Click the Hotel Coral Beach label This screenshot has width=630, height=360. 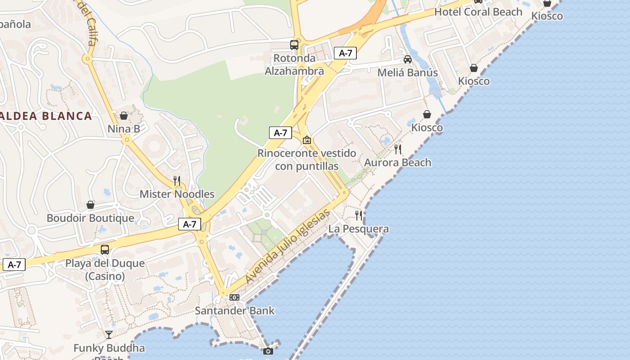(478, 12)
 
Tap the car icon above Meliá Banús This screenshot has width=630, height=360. (407, 59)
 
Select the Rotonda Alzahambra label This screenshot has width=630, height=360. (294, 64)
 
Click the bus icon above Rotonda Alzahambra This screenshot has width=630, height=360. (294, 45)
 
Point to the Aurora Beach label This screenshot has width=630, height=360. (397, 162)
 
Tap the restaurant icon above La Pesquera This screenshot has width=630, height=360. (359, 216)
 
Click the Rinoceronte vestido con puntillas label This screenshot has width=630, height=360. (306, 160)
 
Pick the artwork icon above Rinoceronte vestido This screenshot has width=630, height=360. (307, 140)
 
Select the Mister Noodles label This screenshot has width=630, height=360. (177, 194)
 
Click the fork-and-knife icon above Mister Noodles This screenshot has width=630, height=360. (177, 181)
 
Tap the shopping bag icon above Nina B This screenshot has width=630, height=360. (124, 116)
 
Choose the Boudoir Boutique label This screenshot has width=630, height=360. (90, 218)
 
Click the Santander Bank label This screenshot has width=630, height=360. (234, 310)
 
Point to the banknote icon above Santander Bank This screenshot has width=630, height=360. (234, 297)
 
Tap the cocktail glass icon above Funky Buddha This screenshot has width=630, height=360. (109, 334)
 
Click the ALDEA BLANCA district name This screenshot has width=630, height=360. (45, 116)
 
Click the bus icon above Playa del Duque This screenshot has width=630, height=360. (105, 249)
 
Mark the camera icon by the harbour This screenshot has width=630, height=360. (268, 351)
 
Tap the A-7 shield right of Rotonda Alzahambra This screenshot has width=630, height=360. (345, 53)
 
